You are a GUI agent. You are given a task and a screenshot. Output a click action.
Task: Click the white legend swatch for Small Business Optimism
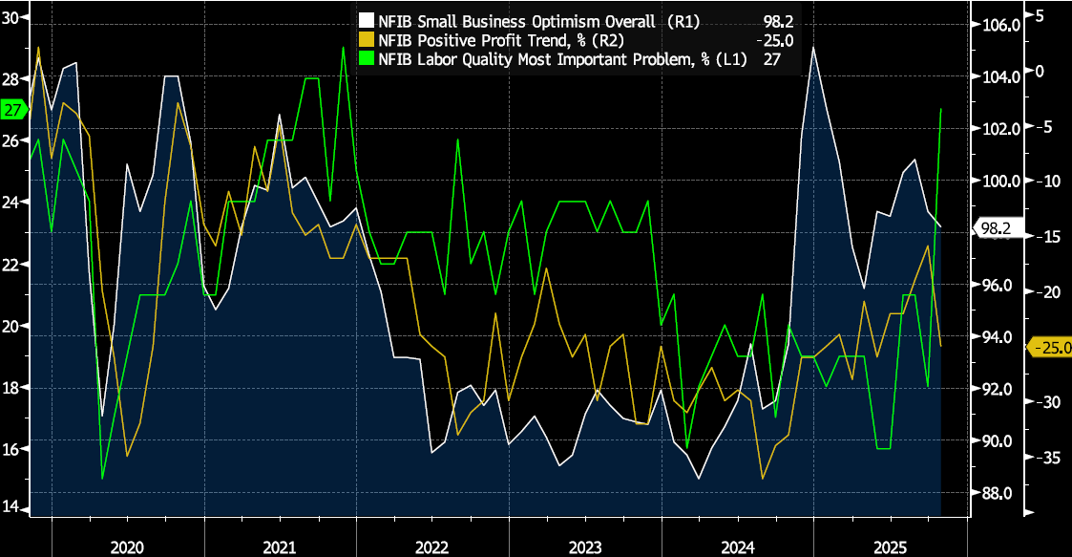(x=366, y=19)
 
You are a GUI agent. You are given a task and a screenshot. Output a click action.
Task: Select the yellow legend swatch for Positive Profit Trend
(x=366, y=39)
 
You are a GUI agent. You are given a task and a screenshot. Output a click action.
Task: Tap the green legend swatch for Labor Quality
(x=366, y=59)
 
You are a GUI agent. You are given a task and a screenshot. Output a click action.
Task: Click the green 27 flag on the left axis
(x=13, y=110)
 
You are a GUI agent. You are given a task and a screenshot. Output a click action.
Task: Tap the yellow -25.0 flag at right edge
(x=1048, y=347)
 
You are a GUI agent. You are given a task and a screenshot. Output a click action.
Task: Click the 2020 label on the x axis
(x=128, y=547)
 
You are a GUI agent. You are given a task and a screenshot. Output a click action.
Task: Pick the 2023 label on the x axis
(x=584, y=547)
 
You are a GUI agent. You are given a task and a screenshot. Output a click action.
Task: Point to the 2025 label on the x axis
(x=890, y=547)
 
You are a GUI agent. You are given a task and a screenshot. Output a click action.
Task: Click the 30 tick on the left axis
(x=11, y=18)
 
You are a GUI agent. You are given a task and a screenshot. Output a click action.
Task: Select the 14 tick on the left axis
(x=11, y=507)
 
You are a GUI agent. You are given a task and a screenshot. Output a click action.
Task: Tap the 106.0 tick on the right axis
(x=995, y=24)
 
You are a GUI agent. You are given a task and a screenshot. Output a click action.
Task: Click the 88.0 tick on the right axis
(x=995, y=493)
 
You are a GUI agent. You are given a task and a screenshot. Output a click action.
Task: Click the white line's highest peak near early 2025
(x=813, y=47)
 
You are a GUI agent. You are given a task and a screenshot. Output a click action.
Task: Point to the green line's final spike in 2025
(x=942, y=109)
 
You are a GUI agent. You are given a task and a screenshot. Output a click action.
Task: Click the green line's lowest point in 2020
(x=102, y=478)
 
